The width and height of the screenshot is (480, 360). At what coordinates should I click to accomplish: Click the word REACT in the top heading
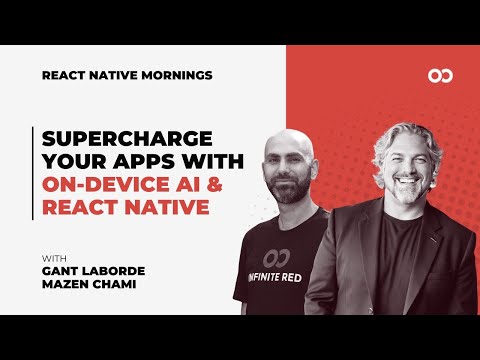point(63,75)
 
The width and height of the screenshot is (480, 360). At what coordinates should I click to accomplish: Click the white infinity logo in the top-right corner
point(437,75)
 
